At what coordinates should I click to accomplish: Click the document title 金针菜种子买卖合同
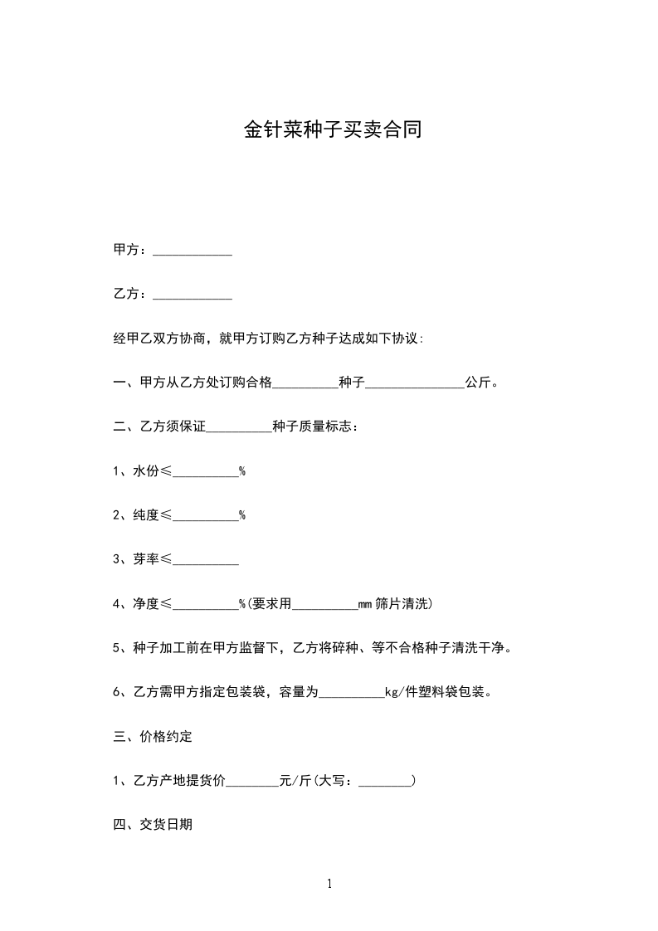point(332,130)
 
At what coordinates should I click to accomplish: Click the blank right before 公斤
point(415,386)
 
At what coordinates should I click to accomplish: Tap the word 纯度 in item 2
point(145,515)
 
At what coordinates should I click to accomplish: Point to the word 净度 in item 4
point(145,604)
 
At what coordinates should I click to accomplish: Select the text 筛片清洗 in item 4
point(402,604)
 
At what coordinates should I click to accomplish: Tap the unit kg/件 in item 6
point(402,692)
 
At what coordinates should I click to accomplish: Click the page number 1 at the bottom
point(329,884)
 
